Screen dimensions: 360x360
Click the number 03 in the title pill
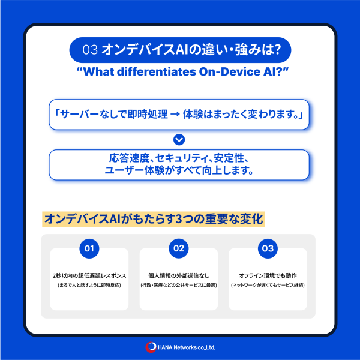tap(90, 50)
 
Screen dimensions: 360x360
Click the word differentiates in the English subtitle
tap(156, 71)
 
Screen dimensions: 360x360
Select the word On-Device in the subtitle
tap(229, 71)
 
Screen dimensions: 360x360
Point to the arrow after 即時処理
tap(175, 114)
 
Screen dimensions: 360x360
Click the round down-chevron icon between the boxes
tap(179, 140)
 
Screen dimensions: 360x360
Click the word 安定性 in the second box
tap(229, 158)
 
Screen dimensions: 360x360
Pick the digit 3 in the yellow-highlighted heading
tap(179, 219)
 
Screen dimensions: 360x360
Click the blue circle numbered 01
tap(89, 248)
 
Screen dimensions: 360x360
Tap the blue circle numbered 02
tap(179, 248)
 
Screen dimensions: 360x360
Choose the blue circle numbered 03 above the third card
tap(268, 248)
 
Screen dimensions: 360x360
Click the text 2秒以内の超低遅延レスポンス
tap(89, 275)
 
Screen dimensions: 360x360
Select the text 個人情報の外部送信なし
tap(179, 275)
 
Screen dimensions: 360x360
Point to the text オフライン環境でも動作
tap(268, 275)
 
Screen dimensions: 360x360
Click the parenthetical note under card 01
tap(89, 285)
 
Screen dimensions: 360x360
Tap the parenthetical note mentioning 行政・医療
tap(179, 285)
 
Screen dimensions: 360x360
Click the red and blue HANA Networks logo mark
tap(151, 347)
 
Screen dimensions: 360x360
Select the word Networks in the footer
tap(185, 347)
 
